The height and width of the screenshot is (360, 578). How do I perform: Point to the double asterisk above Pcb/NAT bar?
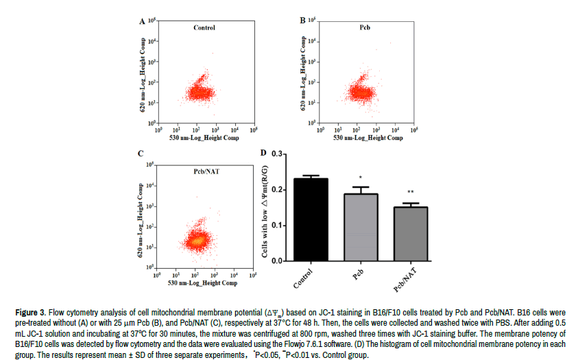pyautogui.click(x=411, y=193)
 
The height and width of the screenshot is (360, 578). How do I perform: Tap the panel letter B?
pyautogui.click(x=302, y=21)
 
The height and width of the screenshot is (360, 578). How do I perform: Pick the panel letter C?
pyautogui.click(x=142, y=154)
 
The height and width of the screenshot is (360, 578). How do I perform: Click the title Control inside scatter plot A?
pyautogui.click(x=204, y=28)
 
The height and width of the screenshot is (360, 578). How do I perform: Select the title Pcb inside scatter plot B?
pyautogui.click(x=365, y=28)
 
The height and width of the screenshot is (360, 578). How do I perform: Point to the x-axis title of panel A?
pyautogui.click(x=205, y=139)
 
